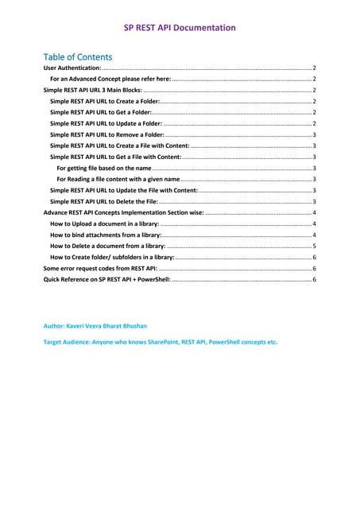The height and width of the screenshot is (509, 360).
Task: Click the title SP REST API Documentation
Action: coord(180,28)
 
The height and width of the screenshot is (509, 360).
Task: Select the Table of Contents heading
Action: coord(77,56)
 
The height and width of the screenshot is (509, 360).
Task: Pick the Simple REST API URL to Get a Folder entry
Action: coord(100,114)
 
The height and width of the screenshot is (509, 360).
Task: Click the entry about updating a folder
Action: coord(105,125)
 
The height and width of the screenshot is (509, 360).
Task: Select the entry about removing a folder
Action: coord(106,136)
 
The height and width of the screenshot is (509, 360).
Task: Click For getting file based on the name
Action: coord(104,169)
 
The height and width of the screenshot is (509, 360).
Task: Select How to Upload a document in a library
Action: coord(103,225)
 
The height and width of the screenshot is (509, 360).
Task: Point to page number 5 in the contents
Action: coord(315,247)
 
